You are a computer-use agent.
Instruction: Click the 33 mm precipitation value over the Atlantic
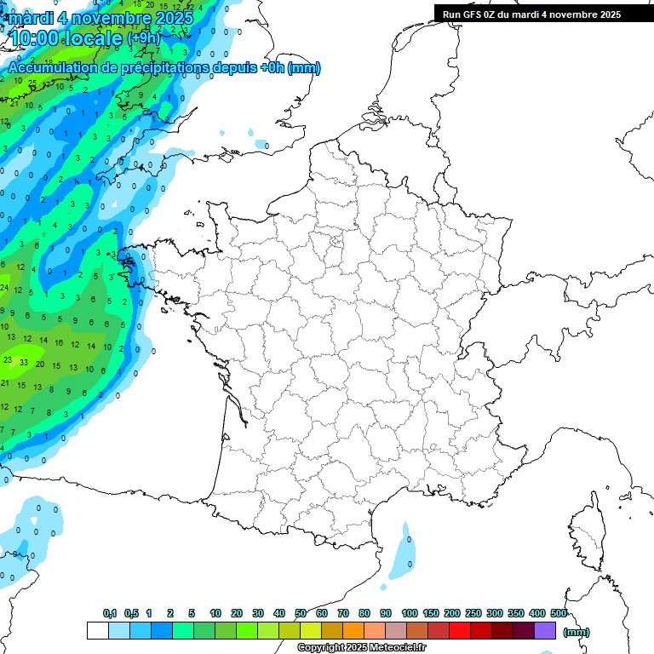24,362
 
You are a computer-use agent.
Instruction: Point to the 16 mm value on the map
59,344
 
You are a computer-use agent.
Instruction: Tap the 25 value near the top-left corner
32,83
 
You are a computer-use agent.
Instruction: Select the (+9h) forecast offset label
143,38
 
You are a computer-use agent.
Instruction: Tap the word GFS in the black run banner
471,14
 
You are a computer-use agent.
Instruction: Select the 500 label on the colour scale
559,614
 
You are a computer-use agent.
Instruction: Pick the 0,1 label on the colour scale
110,614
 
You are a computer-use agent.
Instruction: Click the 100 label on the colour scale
409,614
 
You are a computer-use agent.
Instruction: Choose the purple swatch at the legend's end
545,630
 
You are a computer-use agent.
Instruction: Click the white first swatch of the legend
97,630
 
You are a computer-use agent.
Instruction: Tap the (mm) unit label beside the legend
577,632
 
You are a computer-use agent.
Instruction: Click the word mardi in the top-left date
30,17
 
